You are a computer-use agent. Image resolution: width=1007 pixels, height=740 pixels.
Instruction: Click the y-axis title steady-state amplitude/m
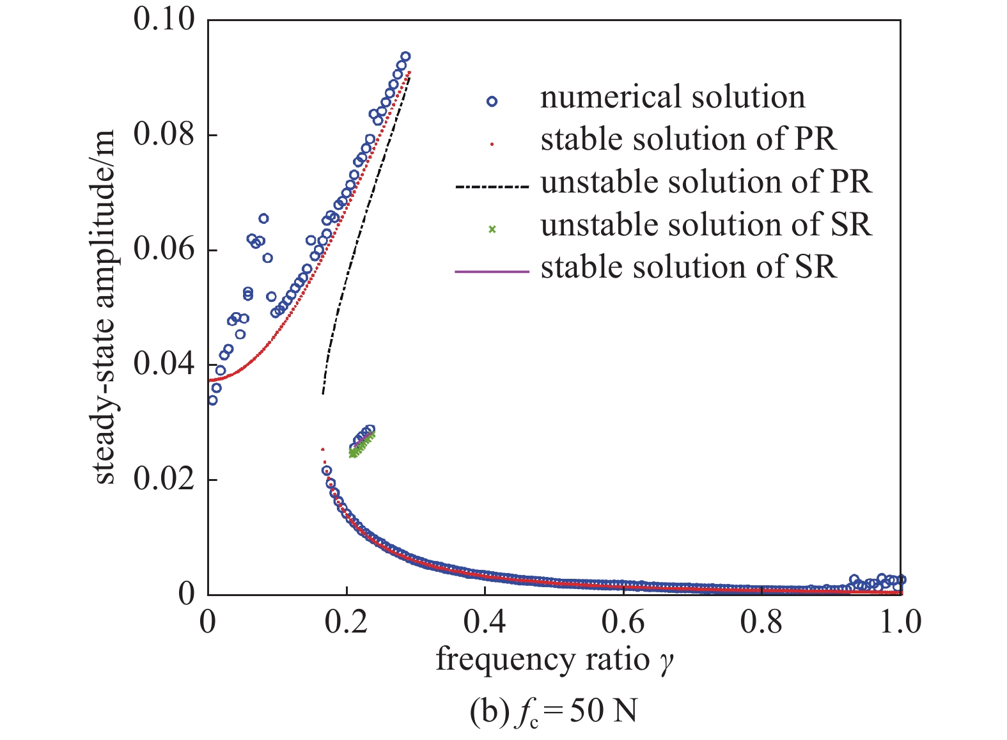click(105, 306)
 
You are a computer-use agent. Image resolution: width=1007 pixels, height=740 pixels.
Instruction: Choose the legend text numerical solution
click(673, 98)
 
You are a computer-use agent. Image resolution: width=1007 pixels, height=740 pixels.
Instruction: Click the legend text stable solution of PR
click(689, 140)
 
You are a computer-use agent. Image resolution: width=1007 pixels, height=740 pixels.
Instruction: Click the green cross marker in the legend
click(492, 229)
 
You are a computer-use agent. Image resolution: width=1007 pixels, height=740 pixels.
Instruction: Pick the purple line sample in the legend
click(492, 272)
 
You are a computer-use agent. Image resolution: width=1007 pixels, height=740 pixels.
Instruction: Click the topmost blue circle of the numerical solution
click(405, 56)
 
